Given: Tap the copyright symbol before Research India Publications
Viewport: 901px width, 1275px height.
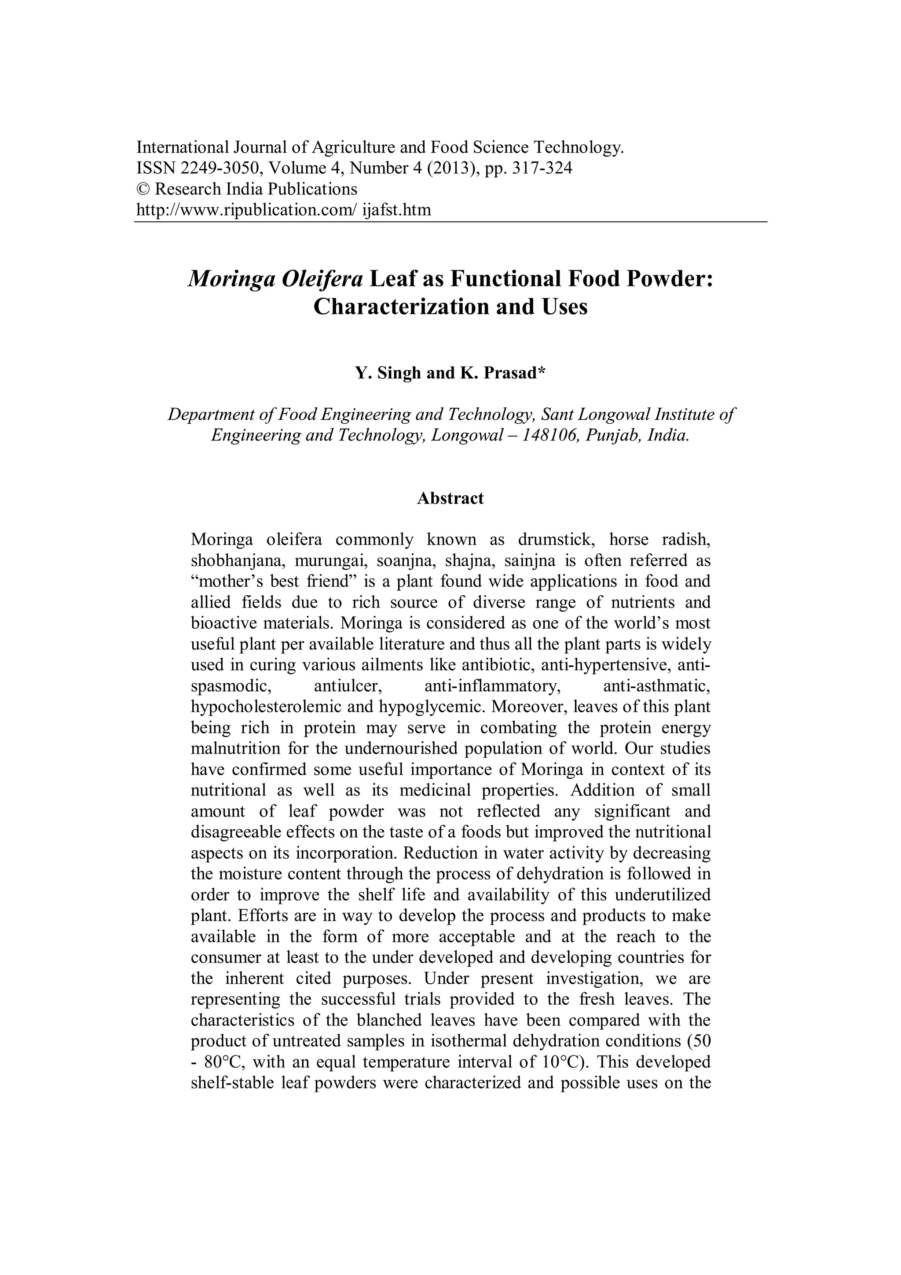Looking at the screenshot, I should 143,189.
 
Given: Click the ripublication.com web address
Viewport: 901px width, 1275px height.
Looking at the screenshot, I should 284,210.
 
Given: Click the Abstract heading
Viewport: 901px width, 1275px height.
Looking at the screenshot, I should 450,498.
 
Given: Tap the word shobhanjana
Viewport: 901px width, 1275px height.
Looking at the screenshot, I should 235,561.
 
